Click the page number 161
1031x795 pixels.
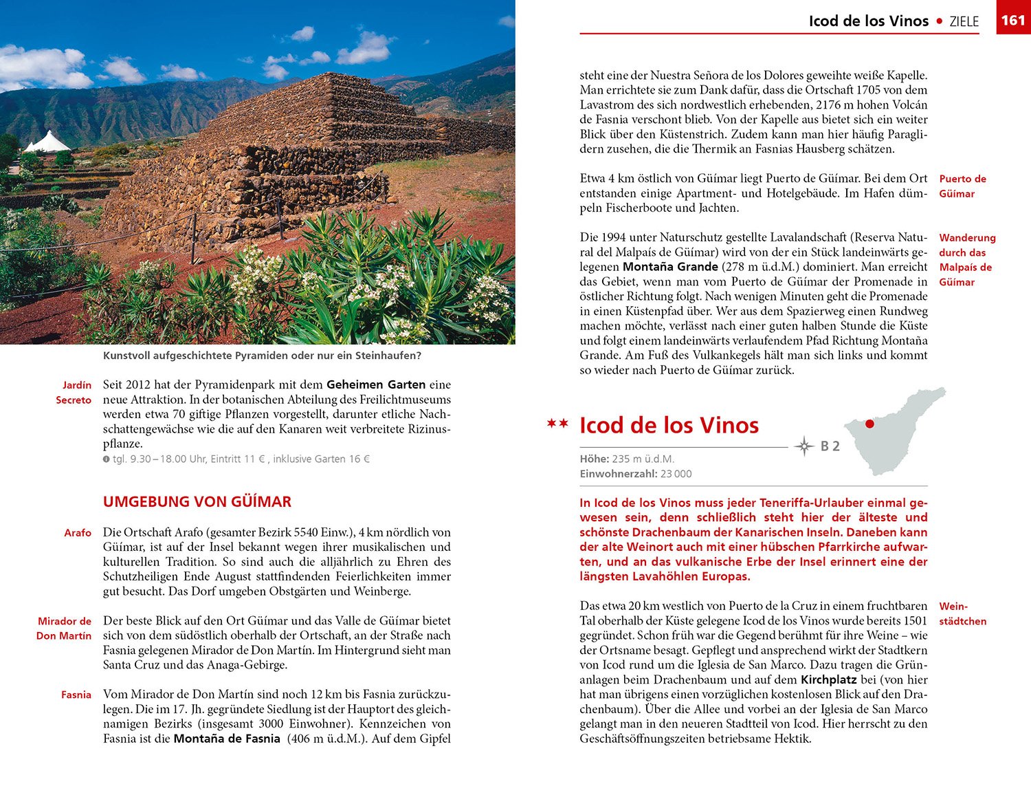tap(1013, 20)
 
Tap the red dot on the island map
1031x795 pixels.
tap(869, 424)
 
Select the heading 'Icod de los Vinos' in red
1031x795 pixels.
tap(669, 425)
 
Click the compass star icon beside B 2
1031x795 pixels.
tap(803, 446)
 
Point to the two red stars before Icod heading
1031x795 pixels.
tap(557, 424)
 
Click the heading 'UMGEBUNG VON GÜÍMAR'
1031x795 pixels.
tap(197, 501)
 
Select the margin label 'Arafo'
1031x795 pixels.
tap(78, 533)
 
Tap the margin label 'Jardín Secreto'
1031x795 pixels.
tap(74, 392)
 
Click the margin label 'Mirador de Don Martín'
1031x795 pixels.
tap(65, 628)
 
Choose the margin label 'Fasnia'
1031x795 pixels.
tap(76, 695)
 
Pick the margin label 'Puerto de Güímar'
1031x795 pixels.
tap(962, 186)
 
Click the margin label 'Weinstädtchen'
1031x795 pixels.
tap(962, 613)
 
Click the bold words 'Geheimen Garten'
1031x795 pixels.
tap(376, 384)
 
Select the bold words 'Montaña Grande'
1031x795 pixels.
tap(670, 267)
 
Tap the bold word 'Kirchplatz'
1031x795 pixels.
tap(828, 679)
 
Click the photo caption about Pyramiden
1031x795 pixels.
tap(262, 356)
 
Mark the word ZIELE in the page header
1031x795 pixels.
tap(964, 21)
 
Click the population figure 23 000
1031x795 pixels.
tap(676, 474)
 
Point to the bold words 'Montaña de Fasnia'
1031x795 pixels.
tap(227, 739)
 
